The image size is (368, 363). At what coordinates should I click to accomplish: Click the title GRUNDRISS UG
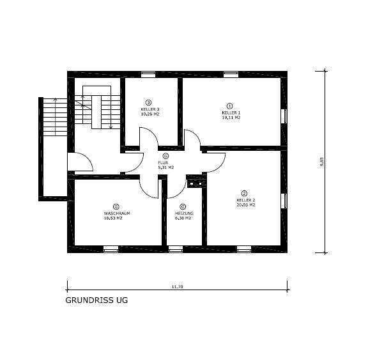click(96, 299)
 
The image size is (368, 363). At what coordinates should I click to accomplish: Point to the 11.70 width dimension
click(177, 287)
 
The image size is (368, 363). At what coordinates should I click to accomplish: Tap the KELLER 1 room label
click(231, 112)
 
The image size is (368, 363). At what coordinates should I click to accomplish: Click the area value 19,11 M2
click(231, 118)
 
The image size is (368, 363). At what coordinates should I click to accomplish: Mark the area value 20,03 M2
click(245, 205)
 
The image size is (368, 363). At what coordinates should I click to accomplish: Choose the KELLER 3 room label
click(149, 109)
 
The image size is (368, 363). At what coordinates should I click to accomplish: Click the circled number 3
click(149, 102)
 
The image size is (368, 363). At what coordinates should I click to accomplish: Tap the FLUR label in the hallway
click(165, 162)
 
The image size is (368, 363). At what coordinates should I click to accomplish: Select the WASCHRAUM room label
click(116, 213)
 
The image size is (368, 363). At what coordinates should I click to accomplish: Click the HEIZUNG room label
click(183, 213)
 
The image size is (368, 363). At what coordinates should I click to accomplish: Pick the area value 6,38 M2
click(183, 218)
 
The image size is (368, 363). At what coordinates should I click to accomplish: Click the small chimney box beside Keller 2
click(195, 184)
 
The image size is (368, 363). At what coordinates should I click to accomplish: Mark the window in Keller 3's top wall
click(149, 75)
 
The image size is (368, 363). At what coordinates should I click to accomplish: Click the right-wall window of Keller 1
click(284, 116)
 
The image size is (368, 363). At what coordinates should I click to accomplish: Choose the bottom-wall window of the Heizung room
click(175, 249)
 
